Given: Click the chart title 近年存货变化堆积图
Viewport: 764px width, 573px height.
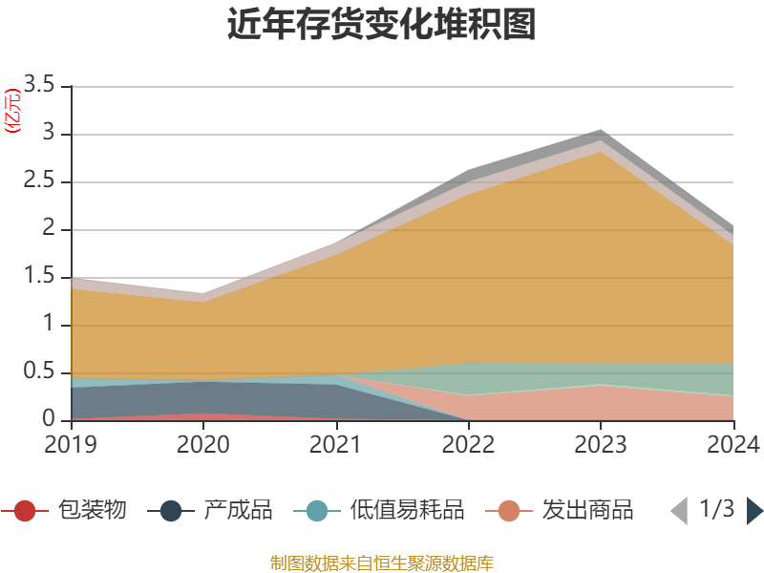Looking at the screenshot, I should pyautogui.click(x=382, y=25).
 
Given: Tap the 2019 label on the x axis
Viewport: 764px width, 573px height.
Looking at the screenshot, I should pyautogui.click(x=71, y=444).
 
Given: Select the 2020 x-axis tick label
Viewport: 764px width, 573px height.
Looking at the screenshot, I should pyautogui.click(x=203, y=444).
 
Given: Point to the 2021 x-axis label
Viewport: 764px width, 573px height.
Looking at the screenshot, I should pyautogui.click(x=335, y=444).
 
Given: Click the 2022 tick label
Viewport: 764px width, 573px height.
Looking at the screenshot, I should pyautogui.click(x=468, y=444).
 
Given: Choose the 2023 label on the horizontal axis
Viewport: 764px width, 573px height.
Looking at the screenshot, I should pyautogui.click(x=600, y=444).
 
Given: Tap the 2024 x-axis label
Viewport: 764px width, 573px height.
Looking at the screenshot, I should pyautogui.click(x=732, y=444).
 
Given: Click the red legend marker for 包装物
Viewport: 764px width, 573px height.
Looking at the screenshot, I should pyautogui.click(x=25, y=511).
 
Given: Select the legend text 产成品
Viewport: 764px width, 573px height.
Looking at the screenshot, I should pyautogui.click(x=238, y=510).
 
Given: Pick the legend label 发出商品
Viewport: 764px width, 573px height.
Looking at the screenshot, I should pyautogui.click(x=587, y=510).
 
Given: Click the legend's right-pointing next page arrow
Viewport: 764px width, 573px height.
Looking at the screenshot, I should pyautogui.click(x=754, y=511).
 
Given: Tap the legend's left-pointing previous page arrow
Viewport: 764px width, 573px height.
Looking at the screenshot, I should pyautogui.click(x=679, y=511).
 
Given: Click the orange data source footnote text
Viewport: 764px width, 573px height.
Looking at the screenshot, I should pyautogui.click(x=382, y=562).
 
